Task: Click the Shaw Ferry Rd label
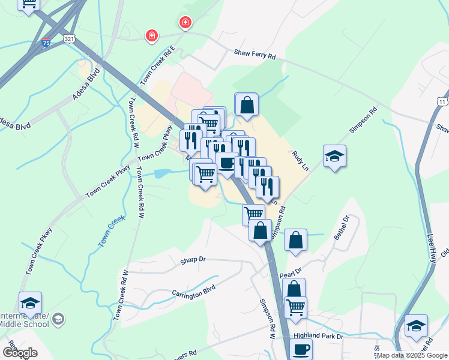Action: tap(255, 56)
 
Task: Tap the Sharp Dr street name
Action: tap(193, 261)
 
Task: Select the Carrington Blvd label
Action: tap(193, 292)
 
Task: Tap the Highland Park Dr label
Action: tap(323, 337)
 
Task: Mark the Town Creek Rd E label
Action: tap(158, 64)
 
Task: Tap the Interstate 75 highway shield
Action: tap(46, 42)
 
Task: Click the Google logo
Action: tap(19, 353)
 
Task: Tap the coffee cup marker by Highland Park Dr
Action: tap(301, 347)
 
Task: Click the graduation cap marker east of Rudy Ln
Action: tap(334, 157)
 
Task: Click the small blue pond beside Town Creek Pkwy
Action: tap(161, 173)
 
